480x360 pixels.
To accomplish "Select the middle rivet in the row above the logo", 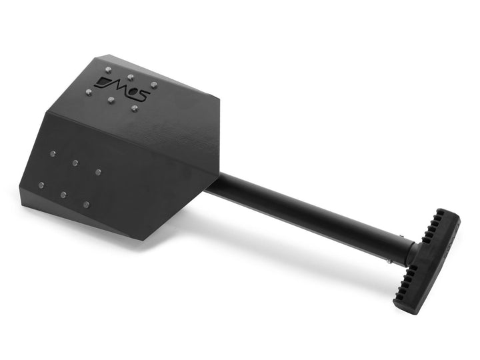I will (130, 77).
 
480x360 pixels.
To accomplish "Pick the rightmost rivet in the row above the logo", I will (154, 85).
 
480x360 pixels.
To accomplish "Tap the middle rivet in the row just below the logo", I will (111, 100).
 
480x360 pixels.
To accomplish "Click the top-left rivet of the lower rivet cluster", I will (53, 154).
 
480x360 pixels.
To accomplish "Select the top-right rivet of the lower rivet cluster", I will (98, 172).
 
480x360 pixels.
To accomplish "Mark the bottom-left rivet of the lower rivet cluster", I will (41, 185).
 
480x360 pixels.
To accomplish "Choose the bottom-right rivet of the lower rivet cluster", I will (86, 204).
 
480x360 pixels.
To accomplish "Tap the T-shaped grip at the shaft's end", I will (427, 260).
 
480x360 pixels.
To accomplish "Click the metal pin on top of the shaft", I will (403, 235).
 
